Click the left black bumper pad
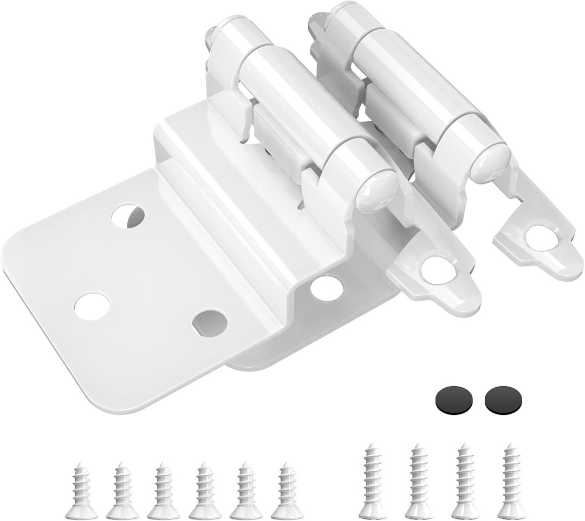click(453, 400)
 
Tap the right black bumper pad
click(503, 400)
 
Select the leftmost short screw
click(81, 491)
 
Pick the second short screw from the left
click(122, 491)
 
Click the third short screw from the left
click(164, 491)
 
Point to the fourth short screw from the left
click(205, 491)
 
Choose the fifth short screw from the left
click(246, 491)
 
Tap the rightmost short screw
click(287, 491)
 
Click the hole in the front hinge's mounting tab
click(438, 269)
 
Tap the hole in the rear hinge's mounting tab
click(541, 238)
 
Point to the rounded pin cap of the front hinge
click(377, 189)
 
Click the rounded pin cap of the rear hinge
click(490, 162)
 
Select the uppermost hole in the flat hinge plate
click(128, 216)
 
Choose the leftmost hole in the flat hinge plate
click(92, 305)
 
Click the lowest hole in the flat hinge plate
click(210, 323)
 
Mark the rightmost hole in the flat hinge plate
click(327, 288)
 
